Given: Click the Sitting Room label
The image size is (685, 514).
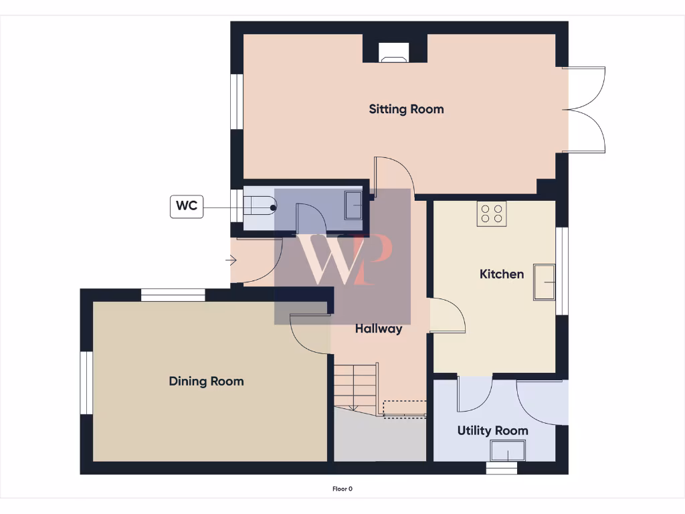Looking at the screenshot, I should tap(406, 109).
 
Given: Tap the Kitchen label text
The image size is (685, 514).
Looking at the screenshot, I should tap(502, 274).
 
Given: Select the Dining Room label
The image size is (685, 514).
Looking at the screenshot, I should tap(206, 381).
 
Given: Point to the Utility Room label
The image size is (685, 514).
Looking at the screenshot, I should tap(492, 430).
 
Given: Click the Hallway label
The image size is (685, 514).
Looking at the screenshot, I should tap(379, 329).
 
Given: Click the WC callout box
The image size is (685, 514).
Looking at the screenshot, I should tap(187, 206).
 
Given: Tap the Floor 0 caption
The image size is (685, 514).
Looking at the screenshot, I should tap(342, 489).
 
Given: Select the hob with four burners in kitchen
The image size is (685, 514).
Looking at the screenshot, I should tap(491, 213).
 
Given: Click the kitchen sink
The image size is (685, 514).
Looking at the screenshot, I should tap(545, 282).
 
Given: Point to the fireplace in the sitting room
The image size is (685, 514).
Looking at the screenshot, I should tap(394, 53).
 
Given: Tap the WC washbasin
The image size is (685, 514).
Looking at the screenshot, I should tap(353, 205).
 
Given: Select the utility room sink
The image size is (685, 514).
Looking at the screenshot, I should tap(507, 453).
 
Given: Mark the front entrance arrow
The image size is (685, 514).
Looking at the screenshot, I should tap(233, 260).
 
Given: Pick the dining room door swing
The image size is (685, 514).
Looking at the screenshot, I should tap(309, 331).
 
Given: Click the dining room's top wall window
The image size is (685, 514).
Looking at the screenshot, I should tap(173, 295).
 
